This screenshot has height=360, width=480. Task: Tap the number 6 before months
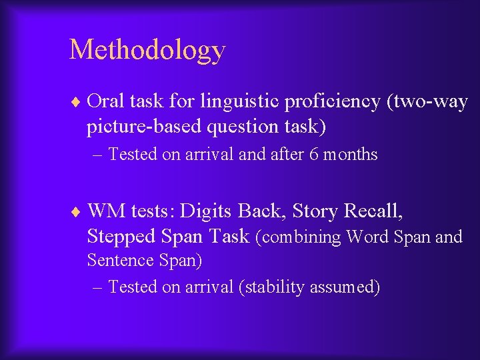(314, 155)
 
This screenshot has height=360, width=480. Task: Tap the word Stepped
(122, 236)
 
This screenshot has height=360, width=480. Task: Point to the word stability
(274, 287)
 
